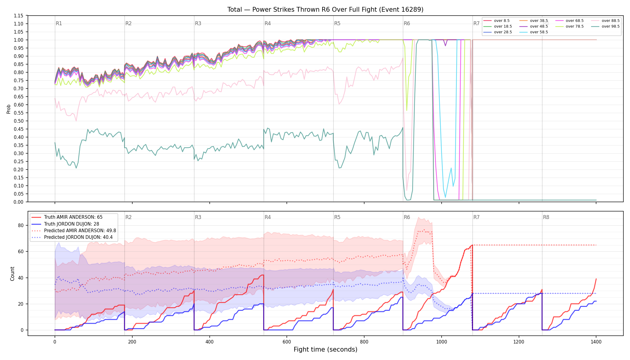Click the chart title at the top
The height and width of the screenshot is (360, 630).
(x=325, y=10)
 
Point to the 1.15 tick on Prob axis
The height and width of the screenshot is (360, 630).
(x=19, y=16)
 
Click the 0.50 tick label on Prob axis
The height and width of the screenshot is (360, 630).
(x=19, y=121)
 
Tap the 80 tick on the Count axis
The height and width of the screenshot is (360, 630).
(x=21, y=226)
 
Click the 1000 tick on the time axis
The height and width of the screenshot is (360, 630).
(x=441, y=342)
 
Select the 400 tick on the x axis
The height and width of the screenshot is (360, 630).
(x=209, y=342)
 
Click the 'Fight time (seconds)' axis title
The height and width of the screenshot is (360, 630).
(x=325, y=349)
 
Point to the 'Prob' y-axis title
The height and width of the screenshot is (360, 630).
(x=8, y=109)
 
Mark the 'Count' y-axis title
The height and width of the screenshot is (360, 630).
(x=12, y=274)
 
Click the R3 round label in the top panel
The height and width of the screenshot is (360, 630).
(x=198, y=23)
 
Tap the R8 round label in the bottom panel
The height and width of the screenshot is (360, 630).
(x=546, y=217)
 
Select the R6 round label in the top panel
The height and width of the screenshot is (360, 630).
(x=407, y=23)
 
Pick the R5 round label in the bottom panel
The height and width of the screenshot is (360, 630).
(x=337, y=217)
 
